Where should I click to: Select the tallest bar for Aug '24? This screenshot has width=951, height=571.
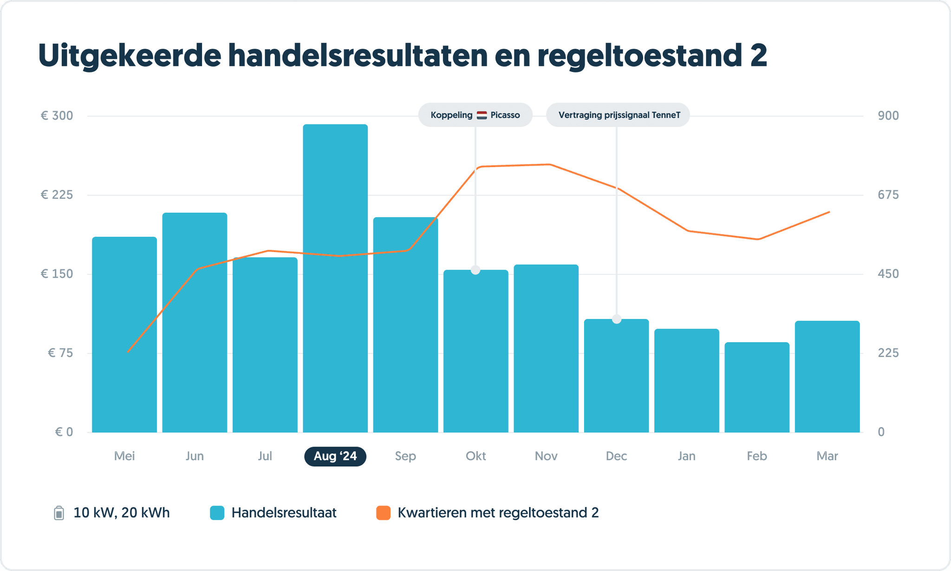pyautogui.click(x=335, y=279)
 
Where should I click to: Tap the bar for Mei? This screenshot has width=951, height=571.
pyautogui.click(x=124, y=334)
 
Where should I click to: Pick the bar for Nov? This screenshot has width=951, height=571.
pyautogui.click(x=546, y=348)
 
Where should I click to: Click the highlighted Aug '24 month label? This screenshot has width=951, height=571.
pyautogui.click(x=335, y=456)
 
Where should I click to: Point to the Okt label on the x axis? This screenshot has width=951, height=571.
pyautogui.click(x=475, y=456)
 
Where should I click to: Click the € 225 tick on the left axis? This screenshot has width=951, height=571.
pyautogui.click(x=57, y=195)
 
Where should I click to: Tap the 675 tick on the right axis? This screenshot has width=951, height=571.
pyautogui.click(x=888, y=195)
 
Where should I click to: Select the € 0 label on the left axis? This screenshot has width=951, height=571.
pyautogui.click(x=64, y=432)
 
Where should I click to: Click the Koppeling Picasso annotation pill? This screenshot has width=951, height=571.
pyautogui.click(x=475, y=115)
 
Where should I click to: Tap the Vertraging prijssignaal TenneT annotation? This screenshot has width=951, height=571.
pyautogui.click(x=618, y=115)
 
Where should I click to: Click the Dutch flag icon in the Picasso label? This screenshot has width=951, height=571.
pyautogui.click(x=482, y=115)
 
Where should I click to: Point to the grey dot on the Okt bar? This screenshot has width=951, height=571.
pyautogui.click(x=475, y=270)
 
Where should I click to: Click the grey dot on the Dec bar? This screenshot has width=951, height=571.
pyautogui.click(x=617, y=319)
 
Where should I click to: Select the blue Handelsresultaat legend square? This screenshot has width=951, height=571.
pyautogui.click(x=217, y=513)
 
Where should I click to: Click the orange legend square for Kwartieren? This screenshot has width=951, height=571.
pyautogui.click(x=383, y=513)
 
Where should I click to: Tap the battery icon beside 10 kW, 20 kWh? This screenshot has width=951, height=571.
pyautogui.click(x=59, y=513)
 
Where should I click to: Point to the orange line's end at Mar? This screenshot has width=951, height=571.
pyautogui.click(x=829, y=212)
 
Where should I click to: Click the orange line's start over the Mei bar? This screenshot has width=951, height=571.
pyautogui.click(x=128, y=351)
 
